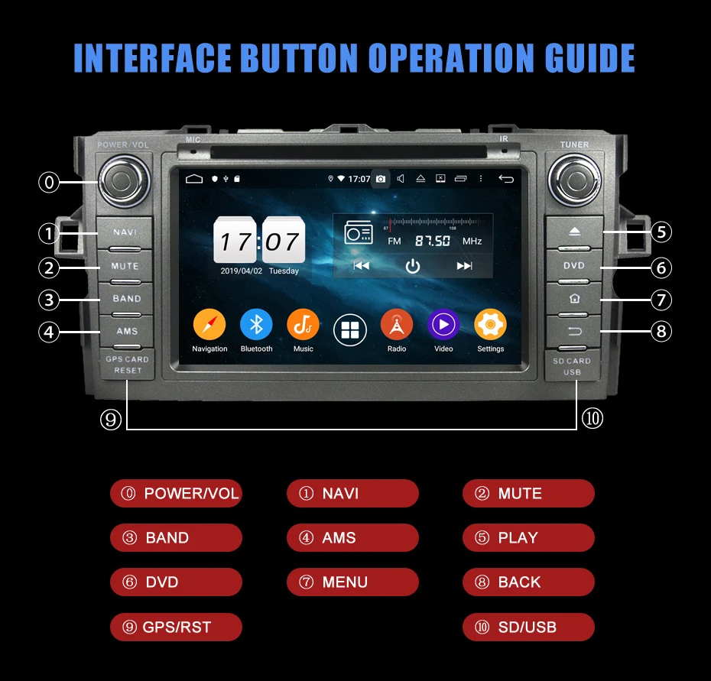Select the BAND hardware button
tap(126, 299)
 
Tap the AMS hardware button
tap(126, 331)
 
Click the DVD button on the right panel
tap(574, 266)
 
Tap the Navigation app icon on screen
tap(209, 326)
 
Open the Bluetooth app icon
tap(256, 326)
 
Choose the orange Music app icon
tap(303, 326)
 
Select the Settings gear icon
tap(490, 326)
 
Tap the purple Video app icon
tap(443, 326)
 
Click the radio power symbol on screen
tap(413, 266)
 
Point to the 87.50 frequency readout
tap(432, 241)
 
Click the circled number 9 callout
tap(111, 419)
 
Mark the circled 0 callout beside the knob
tap(49, 182)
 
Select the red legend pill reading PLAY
tap(528, 538)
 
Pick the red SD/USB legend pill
tap(528, 627)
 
